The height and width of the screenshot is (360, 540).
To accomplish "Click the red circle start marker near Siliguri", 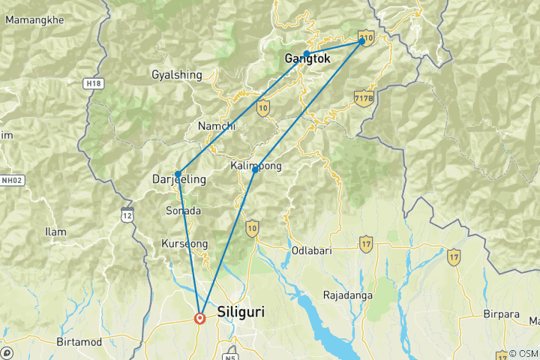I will (199, 318).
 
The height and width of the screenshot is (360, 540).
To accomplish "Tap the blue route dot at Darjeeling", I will (178, 173).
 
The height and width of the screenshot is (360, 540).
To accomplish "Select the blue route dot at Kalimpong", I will (255, 170).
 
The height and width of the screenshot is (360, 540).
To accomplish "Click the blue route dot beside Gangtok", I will (307, 54).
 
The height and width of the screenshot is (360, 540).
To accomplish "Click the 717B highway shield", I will (363, 98).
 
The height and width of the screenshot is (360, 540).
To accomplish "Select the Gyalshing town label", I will (177, 75).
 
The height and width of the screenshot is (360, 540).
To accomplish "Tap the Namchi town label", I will (217, 126).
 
